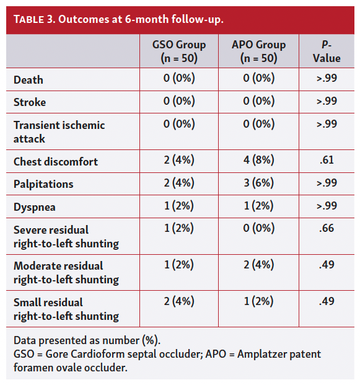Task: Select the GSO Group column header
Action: click(179, 51)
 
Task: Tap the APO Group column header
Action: click(258, 51)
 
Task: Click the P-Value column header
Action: click(327, 51)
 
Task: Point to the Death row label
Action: click(29, 80)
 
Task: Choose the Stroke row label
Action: click(30, 102)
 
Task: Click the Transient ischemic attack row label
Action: click(59, 131)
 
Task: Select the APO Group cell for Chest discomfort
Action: click(258, 161)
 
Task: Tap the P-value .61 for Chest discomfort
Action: click(327, 161)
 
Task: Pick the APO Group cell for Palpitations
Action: click(258, 184)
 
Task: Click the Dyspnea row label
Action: click(35, 206)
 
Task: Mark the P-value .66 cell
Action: click(327, 229)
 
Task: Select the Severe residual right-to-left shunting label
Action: click(66, 236)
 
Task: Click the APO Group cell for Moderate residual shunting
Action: click(258, 265)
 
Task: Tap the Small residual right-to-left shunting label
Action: click(66, 309)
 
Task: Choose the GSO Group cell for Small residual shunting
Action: click(179, 301)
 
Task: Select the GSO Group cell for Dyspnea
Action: click(179, 206)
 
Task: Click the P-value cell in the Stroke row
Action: click(327, 102)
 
